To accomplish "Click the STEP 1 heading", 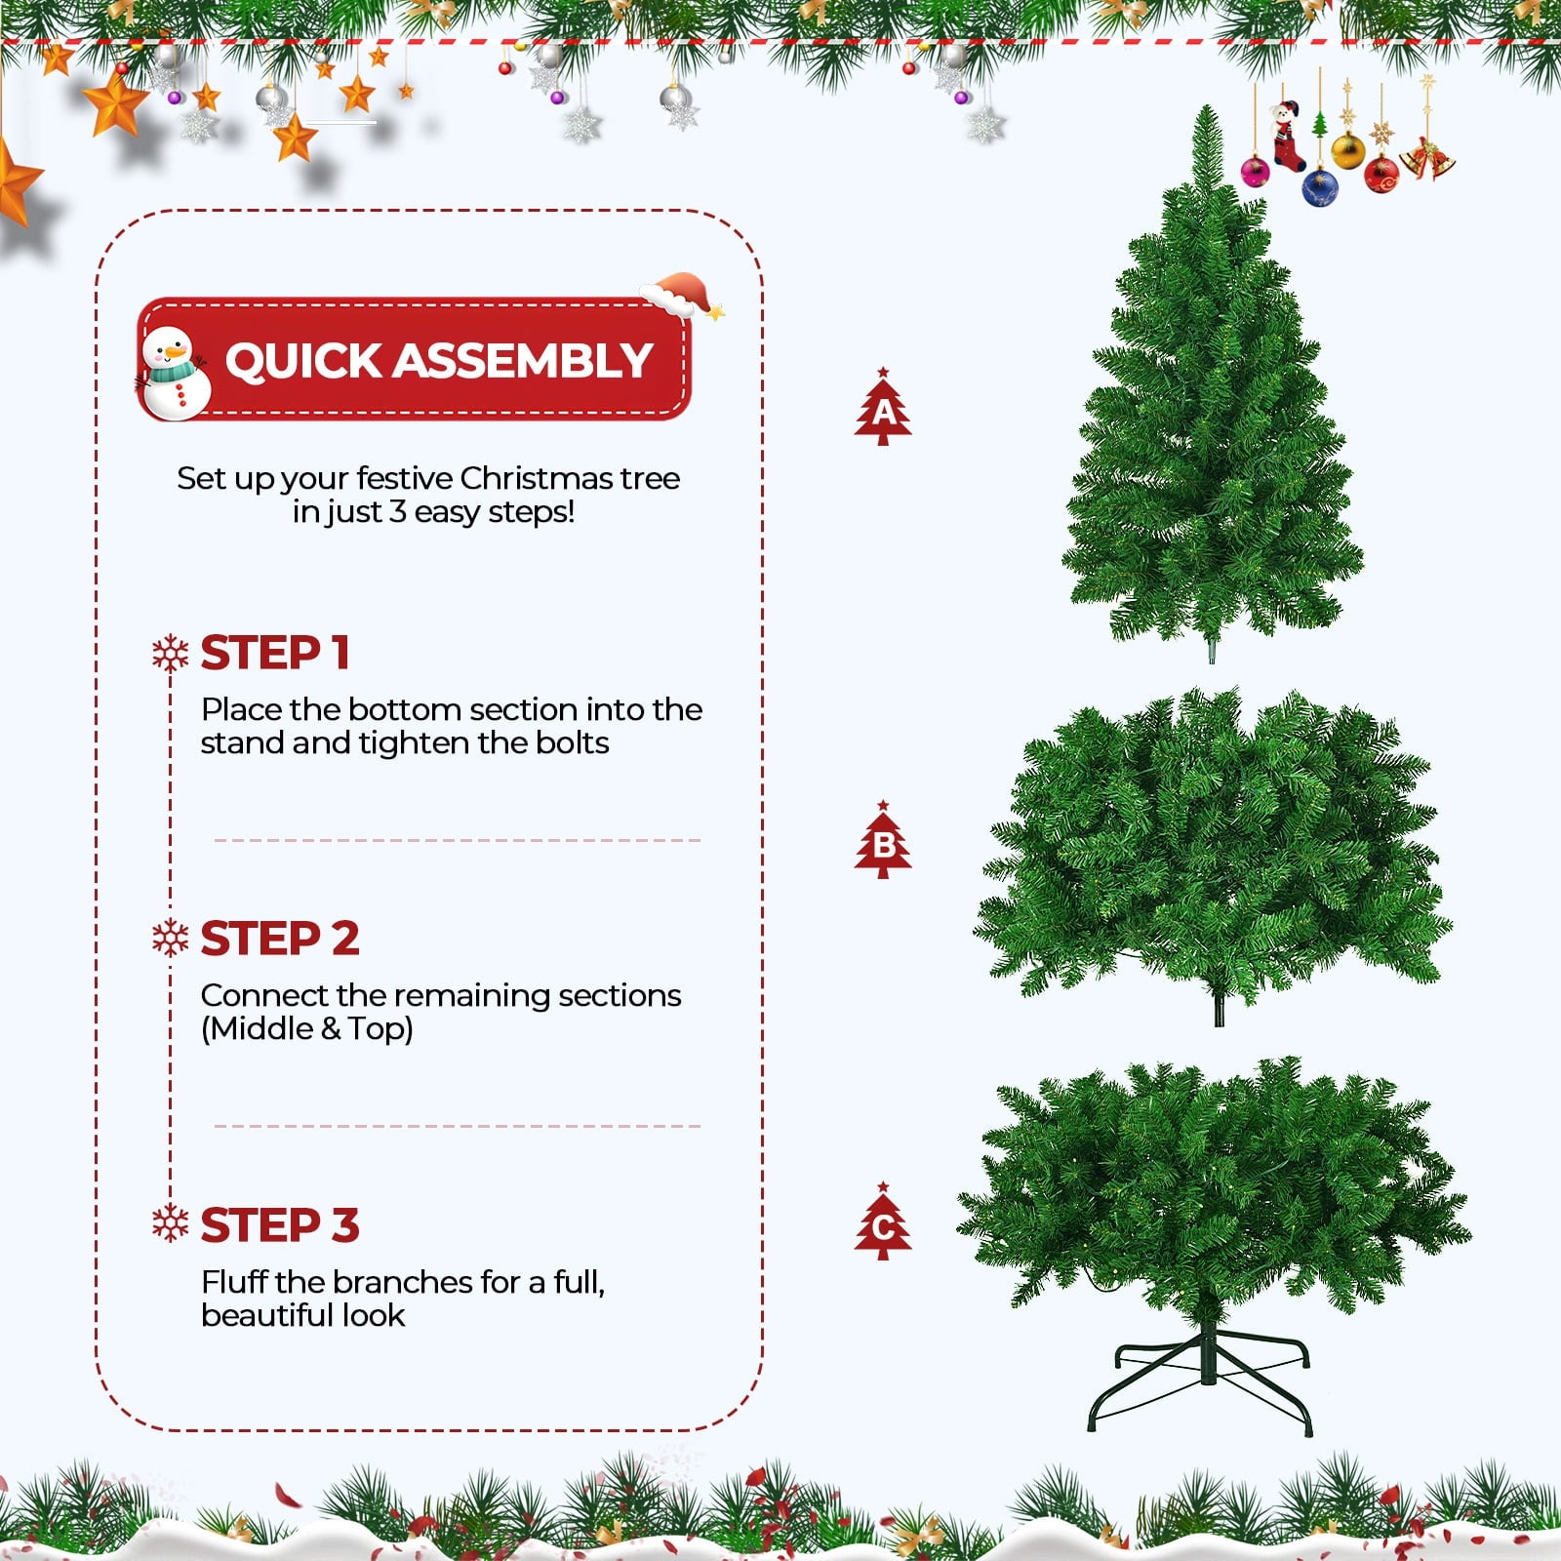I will click(274, 653).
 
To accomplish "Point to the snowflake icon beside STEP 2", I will click(171, 938).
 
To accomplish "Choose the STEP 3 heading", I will click(279, 1224).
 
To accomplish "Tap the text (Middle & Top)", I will click(306, 1028).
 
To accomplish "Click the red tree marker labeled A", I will click(883, 409).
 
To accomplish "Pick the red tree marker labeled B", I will click(883, 841).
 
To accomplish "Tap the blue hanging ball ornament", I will click(1319, 186).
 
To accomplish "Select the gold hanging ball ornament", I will click(1347, 151).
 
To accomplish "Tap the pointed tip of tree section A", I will click(1208, 112).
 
